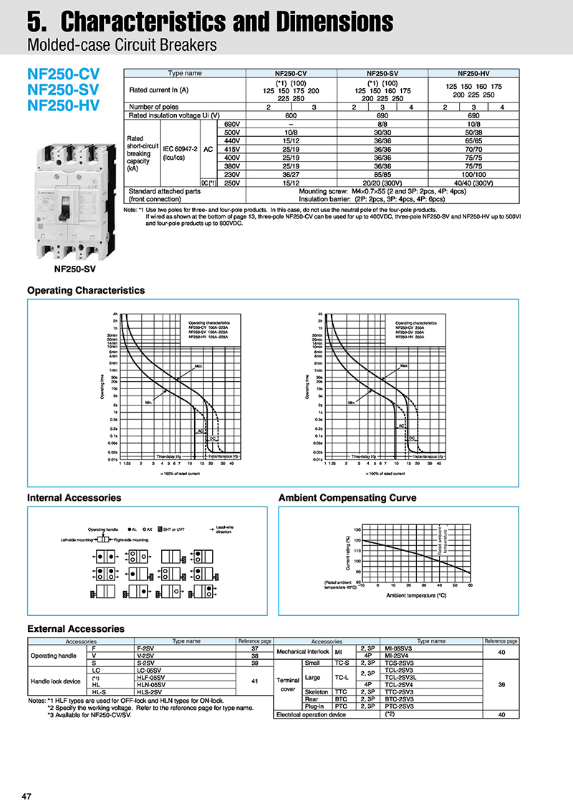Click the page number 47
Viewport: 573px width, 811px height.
point(27,797)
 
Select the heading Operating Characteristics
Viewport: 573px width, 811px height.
point(86,290)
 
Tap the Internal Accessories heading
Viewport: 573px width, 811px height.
point(74,497)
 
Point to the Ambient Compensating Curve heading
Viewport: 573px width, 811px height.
point(347,497)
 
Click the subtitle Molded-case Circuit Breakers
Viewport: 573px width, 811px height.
point(121,46)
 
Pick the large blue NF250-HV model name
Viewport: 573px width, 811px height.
point(64,106)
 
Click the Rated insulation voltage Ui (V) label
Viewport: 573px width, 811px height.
point(174,115)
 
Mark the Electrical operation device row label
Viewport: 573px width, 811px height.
point(312,714)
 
